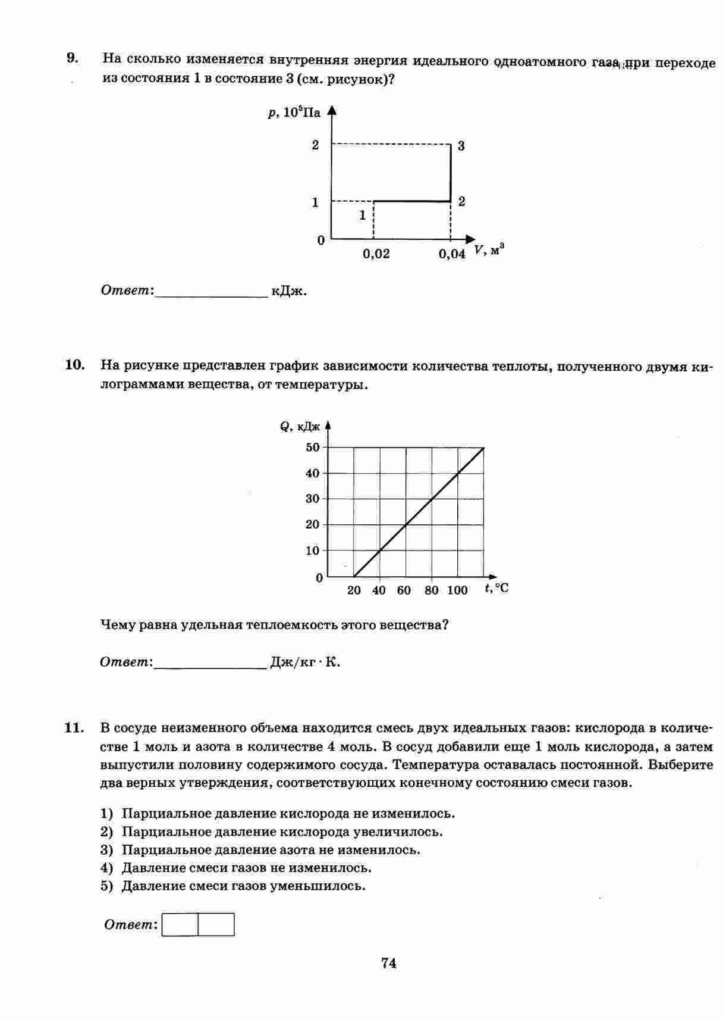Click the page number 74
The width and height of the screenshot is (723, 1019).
[389, 962]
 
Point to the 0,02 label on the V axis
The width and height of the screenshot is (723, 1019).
[376, 254]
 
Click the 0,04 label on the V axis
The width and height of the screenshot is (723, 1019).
[452, 254]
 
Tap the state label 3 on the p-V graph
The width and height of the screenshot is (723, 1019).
[461, 146]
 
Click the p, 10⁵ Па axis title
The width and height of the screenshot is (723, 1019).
[294, 112]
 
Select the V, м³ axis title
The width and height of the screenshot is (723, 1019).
[489, 251]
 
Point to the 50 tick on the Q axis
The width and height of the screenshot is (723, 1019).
[313, 447]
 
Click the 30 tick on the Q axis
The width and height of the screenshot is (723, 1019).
[313, 499]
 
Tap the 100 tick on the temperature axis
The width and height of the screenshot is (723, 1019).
[457, 590]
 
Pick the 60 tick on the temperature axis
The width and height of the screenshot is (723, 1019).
[404, 590]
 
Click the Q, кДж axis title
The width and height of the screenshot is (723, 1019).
[300, 426]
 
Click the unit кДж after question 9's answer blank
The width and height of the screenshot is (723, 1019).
[289, 291]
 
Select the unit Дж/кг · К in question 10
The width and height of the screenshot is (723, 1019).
[305, 662]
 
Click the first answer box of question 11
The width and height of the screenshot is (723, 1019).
[180, 924]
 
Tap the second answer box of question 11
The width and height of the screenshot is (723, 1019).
[216, 924]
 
